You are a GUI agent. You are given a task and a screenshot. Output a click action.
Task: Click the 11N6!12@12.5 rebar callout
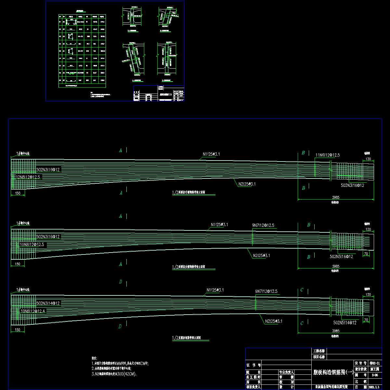point(328,155)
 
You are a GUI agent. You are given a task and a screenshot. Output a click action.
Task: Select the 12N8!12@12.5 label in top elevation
point(29,177)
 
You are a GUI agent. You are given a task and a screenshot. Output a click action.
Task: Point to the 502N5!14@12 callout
point(345,323)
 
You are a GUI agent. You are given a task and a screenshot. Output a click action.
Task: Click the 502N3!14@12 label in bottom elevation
point(48,303)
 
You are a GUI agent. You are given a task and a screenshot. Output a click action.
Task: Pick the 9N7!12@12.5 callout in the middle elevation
point(263,225)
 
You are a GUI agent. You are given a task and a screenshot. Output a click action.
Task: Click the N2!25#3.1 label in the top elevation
point(247,184)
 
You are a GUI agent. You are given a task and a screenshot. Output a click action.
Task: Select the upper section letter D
point(121,282)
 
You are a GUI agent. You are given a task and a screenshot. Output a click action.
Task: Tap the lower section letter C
point(302,323)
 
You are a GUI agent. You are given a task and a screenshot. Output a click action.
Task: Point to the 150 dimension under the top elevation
point(18,193)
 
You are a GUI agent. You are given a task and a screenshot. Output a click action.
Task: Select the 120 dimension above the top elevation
point(368,159)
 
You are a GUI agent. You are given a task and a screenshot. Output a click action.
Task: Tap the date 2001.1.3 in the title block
point(376,387)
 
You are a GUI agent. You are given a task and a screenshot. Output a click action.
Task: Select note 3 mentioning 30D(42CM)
point(114,374)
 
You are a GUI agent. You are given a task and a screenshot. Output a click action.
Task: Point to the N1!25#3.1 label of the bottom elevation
point(215,290)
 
